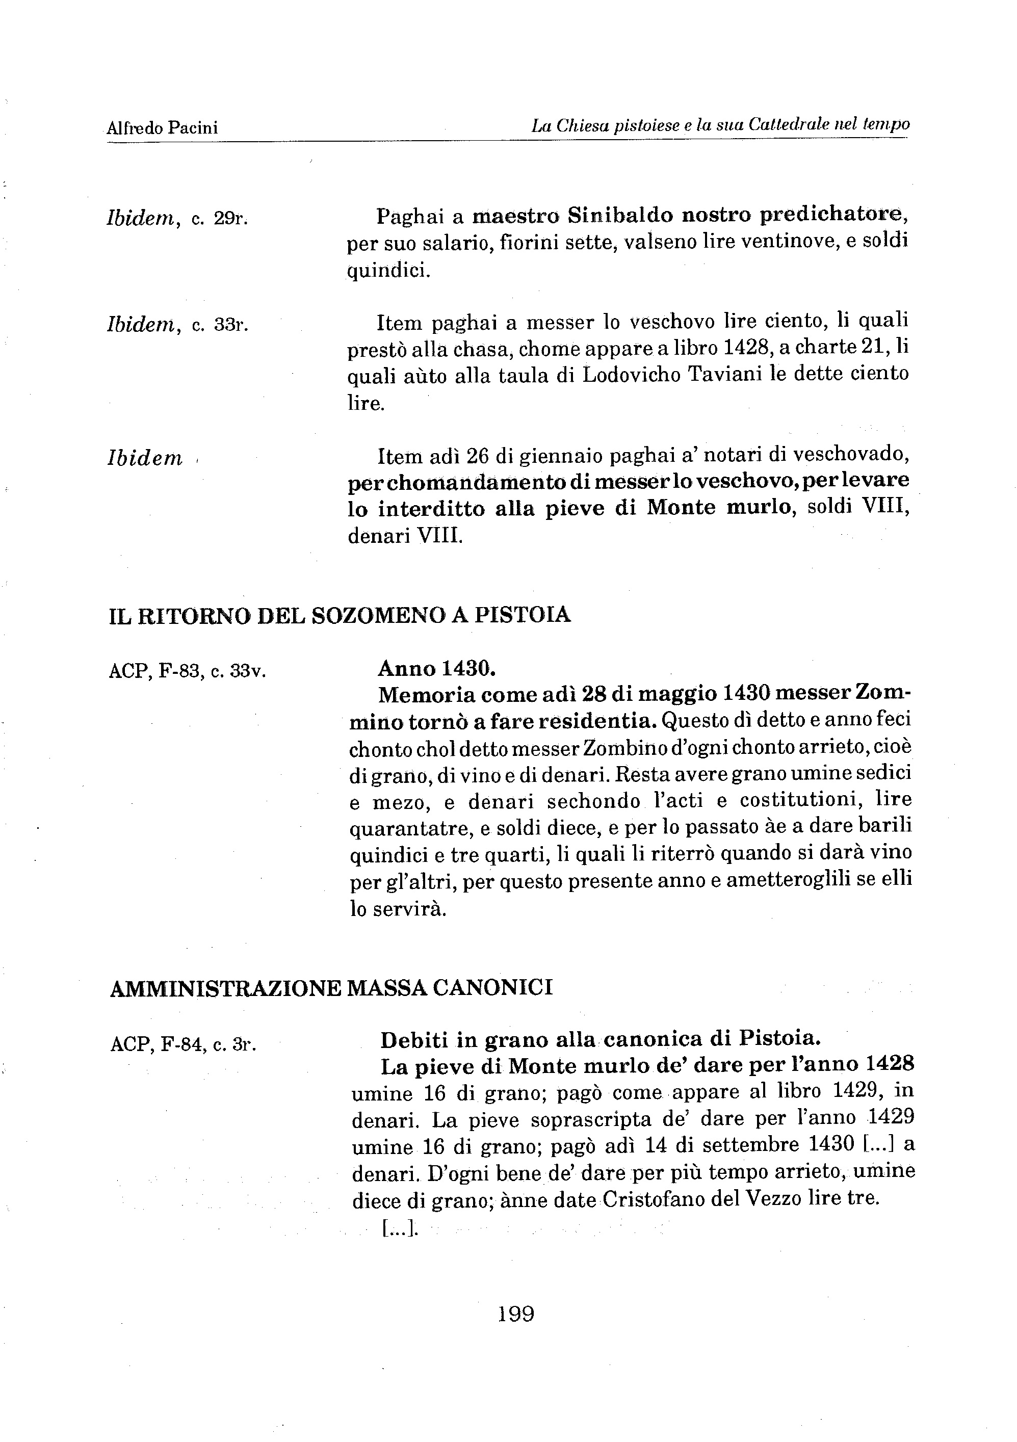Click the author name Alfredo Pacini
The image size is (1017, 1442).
point(162,128)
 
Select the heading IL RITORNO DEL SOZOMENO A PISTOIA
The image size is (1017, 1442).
point(340,615)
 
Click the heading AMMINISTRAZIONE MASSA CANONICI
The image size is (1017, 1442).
point(331,988)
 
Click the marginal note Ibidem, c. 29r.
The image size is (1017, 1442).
point(178,218)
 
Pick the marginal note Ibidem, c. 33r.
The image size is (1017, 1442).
point(178,325)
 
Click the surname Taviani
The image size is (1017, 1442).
point(731,374)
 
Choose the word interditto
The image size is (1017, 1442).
point(432,508)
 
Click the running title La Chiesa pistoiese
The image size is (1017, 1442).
point(604,126)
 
